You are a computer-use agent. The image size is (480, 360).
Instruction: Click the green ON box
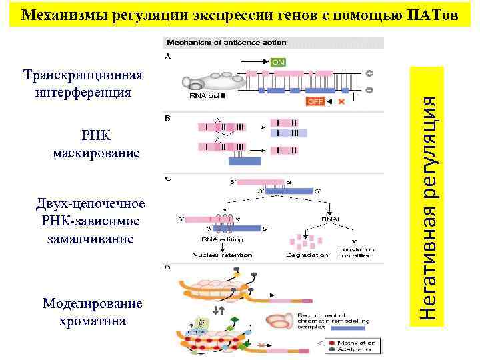[x=278, y=62]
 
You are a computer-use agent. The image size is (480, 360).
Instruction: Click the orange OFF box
[x=315, y=101]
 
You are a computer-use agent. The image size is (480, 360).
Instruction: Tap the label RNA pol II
[x=207, y=96]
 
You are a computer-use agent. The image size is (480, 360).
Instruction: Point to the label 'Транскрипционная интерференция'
[x=83, y=83]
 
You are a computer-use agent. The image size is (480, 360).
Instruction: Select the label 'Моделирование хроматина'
[x=92, y=312]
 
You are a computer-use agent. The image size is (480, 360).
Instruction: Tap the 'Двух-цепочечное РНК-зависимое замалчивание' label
[x=91, y=221]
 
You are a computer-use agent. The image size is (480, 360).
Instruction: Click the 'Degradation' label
[x=307, y=255]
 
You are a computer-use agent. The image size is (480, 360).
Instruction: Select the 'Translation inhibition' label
[x=356, y=252]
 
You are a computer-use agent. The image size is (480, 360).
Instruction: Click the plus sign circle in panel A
[x=369, y=73]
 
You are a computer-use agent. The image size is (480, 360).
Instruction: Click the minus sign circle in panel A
[x=369, y=89]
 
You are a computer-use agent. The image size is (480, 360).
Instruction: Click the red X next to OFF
[x=341, y=101]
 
